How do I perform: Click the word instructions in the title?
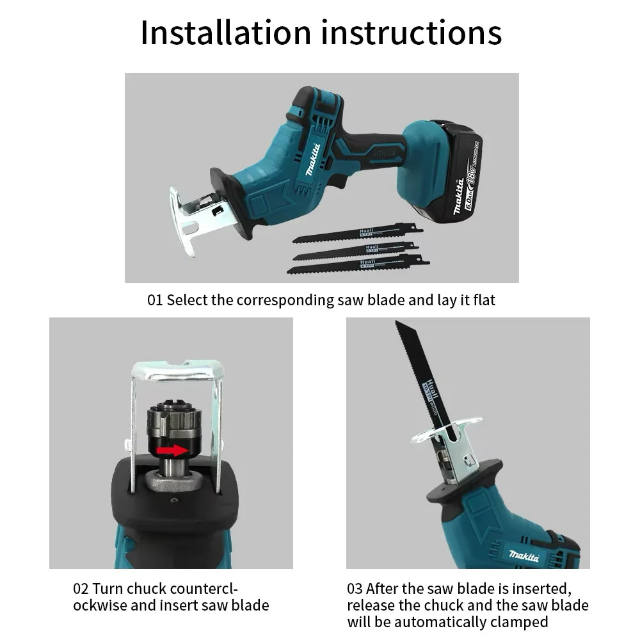pos(411,33)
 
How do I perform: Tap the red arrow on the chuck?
pos(173,451)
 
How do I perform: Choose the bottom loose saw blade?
pos(358,263)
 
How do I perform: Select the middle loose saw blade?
pos(356,250)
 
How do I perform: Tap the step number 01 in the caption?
pos(155,300)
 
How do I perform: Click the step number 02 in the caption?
pos(81,589)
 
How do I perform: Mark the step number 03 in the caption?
pos(355,589)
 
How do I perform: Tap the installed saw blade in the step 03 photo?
pos(422,371)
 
